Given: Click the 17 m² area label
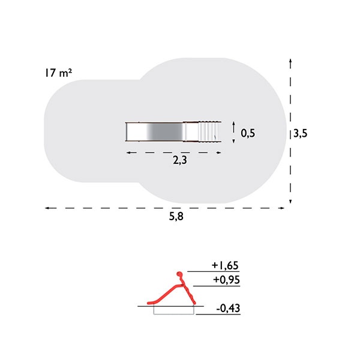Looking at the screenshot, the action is coord(58,73).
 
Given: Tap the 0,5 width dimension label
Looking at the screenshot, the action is coord(248,133).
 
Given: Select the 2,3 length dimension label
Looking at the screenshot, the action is coord(180,160).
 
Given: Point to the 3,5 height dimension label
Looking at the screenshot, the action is coord(301,133).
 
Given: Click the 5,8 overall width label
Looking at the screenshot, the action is coord(176,216).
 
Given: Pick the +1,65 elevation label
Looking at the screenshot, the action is coord(225,265).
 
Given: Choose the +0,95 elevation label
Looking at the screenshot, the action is coord(226,280).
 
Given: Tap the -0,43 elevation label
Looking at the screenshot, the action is coord(228,308).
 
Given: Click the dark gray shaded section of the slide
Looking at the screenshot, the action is coord(166,132).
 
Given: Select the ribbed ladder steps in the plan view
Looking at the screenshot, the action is coord(208,132).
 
